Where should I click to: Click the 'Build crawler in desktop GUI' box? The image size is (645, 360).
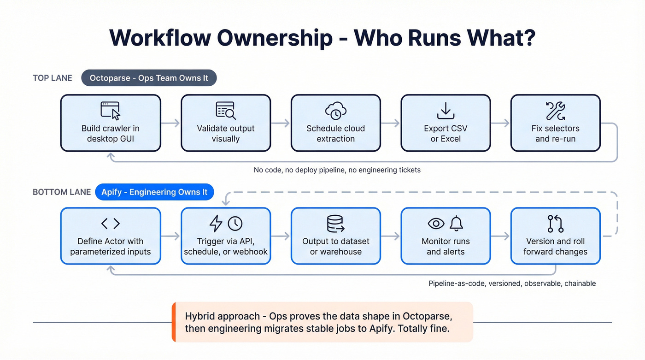coord(111,123)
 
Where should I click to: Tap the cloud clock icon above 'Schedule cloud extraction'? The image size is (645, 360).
coord(335,111)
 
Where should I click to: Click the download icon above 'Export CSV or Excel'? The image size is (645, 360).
coord(446,111)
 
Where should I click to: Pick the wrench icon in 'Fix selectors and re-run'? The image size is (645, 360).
coord(555,111)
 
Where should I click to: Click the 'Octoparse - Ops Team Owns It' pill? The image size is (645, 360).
coord(149,78)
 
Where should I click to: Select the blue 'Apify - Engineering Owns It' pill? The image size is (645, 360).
coord(154,192)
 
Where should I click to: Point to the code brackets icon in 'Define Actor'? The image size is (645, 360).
coord(110,224)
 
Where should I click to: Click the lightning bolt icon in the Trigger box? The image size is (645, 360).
coord(216,224)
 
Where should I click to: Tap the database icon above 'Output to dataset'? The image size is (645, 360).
coord(335,224)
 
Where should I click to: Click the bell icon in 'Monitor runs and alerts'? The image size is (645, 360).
coord(456,224)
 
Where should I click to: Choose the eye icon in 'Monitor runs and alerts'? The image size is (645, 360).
coord(436,224)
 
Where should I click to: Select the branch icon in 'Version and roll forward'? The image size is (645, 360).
coord(555,224)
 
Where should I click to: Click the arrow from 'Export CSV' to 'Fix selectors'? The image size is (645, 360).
coord(501,123)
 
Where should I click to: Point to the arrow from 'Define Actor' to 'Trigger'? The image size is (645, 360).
coord(170,236)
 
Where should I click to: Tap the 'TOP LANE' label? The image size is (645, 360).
coord(53,78)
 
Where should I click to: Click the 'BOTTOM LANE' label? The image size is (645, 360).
coord(62,192)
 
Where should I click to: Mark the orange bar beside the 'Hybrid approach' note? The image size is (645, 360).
coord(174,322)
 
